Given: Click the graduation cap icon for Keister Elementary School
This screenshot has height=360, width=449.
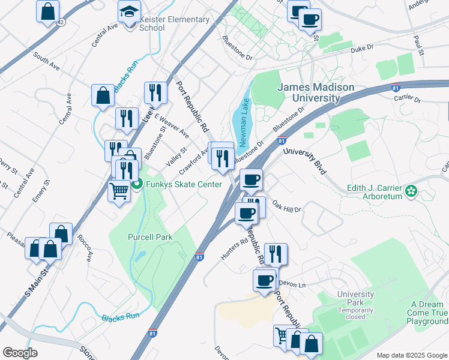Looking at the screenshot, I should pos(128,12).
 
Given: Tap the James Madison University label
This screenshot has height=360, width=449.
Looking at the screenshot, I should pos(315,92).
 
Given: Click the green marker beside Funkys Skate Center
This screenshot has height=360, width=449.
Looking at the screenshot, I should pos(137,184).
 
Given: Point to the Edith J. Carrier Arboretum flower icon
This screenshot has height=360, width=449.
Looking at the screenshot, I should pos(411,191).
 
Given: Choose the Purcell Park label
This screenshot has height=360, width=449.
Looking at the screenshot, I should pos(150,237).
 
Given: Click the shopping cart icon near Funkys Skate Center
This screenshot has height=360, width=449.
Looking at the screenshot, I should pos(119,191).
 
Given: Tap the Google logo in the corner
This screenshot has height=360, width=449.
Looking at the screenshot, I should pos(20,352).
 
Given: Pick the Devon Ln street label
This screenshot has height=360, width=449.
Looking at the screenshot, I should pos(293,284).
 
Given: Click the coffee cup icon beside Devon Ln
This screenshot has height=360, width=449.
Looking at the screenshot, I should pos(264,280).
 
